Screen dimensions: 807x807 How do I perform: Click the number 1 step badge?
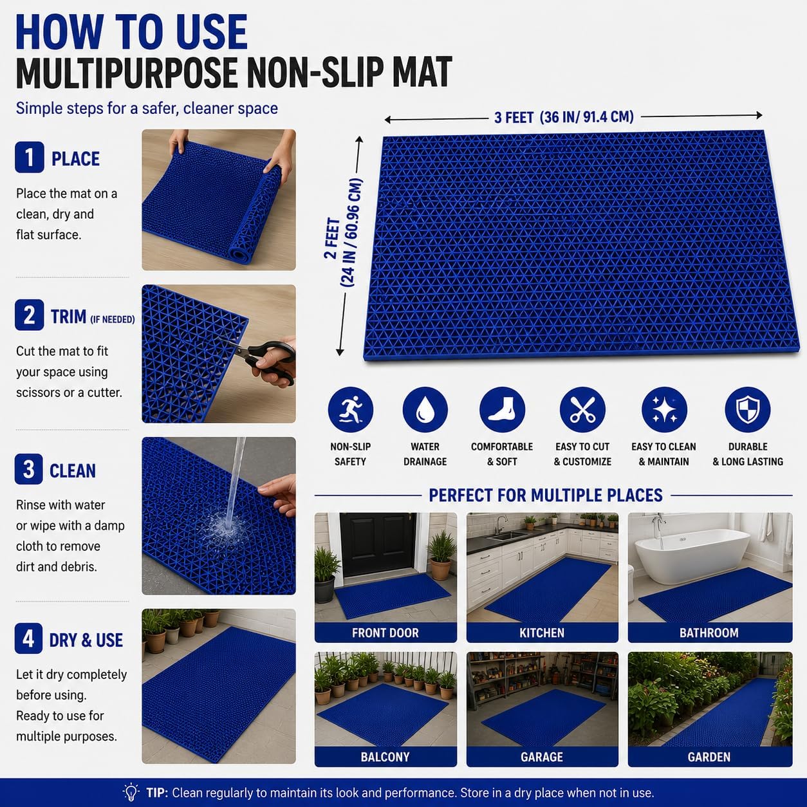[x=30, y=157]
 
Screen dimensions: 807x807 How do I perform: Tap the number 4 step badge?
[x=28, y=638]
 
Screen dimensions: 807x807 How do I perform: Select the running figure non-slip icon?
[x=351, y=409]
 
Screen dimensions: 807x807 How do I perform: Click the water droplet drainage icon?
[x=425, y=409]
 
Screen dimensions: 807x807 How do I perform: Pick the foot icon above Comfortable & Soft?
[x=502, y=409]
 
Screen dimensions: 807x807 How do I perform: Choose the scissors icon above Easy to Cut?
[x=582, y=409]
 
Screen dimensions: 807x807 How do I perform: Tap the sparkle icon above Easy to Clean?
[x=664, y=409]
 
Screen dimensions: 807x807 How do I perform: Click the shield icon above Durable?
[x=748, y=409]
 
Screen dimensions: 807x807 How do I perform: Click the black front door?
[x=378, y=544]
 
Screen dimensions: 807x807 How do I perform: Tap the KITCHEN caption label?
[x=542, y=633]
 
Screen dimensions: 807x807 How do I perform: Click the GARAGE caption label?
[x=542, y=757]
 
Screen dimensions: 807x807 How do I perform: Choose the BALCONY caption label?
[x=385, y=757]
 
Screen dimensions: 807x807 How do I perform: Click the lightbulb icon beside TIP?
[x=131, y=792]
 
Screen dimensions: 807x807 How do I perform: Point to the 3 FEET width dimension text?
[x=564, y=117]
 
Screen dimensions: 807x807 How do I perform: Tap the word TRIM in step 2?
[x=69, y=317]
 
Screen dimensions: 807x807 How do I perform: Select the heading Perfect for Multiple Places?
[x=546, y=496]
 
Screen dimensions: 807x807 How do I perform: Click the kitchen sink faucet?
[x=500, y=523]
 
